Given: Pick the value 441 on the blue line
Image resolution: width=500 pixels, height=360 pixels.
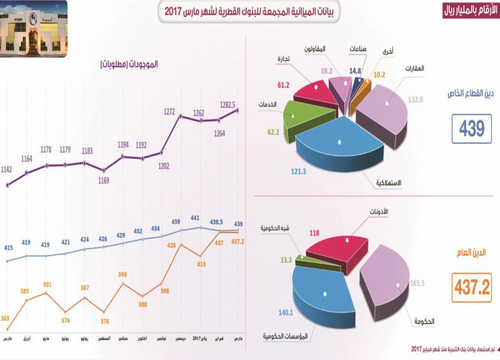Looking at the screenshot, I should (195, 219).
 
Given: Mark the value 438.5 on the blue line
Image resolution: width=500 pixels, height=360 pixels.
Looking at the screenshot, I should (217, 221).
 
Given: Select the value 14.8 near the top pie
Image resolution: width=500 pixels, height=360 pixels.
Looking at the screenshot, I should (355, 71).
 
